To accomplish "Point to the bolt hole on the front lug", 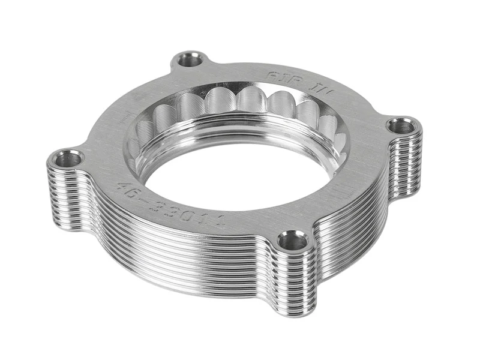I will click(x=293, y=242).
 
